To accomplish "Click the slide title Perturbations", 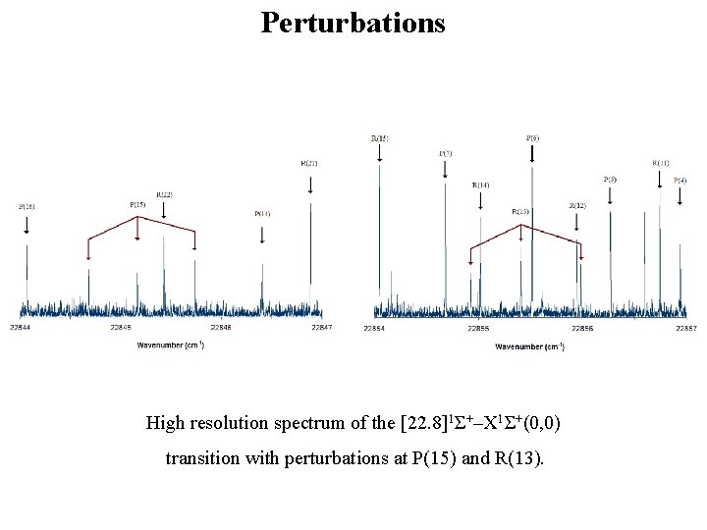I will [353, 22].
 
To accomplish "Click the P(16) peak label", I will [27, 207].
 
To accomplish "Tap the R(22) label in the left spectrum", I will [164, 195].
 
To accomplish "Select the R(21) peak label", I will [308, 163].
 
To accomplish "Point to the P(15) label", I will [137, 204].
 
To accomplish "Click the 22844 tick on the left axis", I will [20, 327].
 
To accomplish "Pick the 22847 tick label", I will [321, 327].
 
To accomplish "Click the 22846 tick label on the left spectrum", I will [221, 327].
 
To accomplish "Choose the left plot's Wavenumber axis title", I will [171, 345].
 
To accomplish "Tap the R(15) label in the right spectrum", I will [379, 138].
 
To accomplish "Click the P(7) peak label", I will [445, 153].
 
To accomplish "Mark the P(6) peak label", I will [532, 138].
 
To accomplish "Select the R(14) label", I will [480, 185].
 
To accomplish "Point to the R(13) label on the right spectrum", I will [520, 211].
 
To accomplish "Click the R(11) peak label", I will [661, 163].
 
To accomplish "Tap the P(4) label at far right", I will [680, 181].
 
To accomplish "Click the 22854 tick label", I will [374, 328].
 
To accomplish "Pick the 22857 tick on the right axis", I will [685, 328].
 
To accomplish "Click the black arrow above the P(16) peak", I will [27, 224].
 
